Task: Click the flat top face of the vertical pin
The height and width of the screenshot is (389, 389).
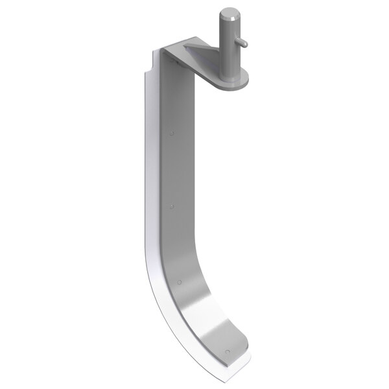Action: point(229,12)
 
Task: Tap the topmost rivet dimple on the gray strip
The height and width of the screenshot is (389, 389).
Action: point(172,134)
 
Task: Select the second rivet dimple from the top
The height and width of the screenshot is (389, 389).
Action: point(172,207)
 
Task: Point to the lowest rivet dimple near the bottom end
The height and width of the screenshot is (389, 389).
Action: point(228,351)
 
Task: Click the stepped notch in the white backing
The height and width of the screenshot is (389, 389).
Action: point(149,65)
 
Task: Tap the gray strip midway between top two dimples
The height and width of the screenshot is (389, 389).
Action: point(172,171)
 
